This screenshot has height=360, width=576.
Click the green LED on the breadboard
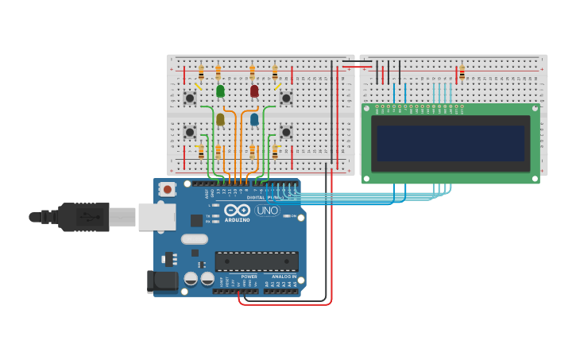(x=220, y=91)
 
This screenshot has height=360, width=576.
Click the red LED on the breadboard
(x=254, y=91)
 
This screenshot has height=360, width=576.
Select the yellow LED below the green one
(x=220, y=119)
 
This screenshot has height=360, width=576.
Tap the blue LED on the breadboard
(x=254, y=119)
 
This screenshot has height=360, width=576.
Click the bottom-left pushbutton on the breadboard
(x=190, y=131)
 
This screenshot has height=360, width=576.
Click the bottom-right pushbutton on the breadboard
(x=286, y=131)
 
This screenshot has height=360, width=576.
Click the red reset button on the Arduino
(x=167, y=189)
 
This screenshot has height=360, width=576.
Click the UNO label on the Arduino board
(x=267, y=211)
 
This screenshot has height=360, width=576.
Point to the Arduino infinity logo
(x=238, y=211)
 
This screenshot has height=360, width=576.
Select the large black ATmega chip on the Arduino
(x=257, y=261)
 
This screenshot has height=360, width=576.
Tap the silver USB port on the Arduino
(x=157, y=216)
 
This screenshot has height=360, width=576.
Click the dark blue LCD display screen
(x=450, y=144)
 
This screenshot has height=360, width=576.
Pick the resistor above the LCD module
(x=462, y=74)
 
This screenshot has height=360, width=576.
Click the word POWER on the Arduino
(x=238, y=277)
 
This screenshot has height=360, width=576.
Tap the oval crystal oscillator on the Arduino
(x=194, y=239)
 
